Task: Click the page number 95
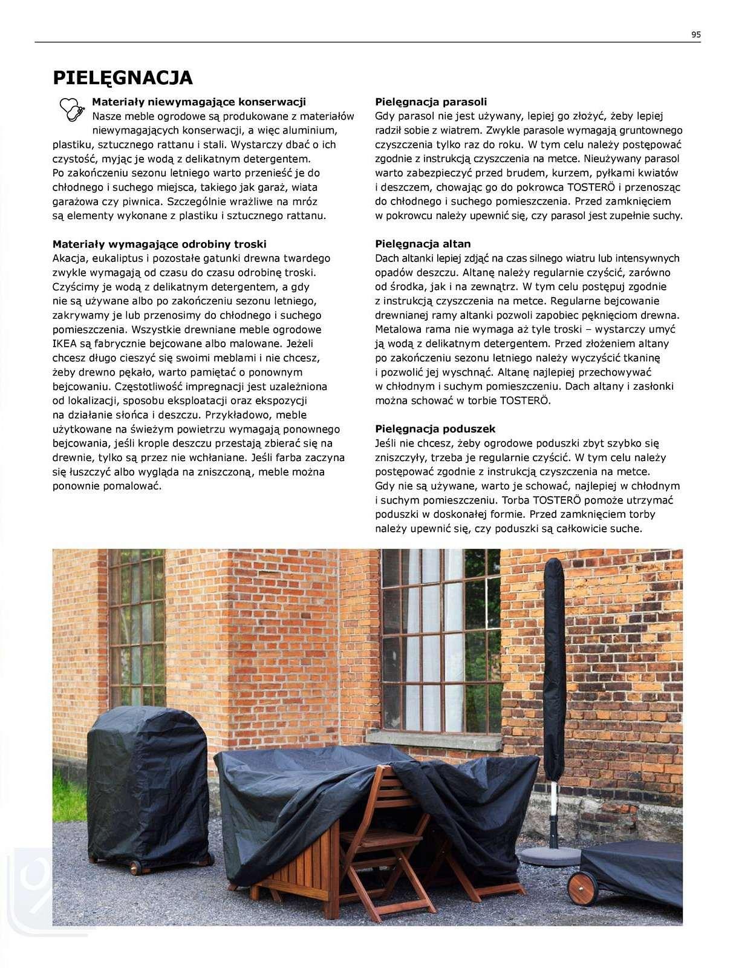point(695,34)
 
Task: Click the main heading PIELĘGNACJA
point(123,78)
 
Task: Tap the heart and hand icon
point(70,110)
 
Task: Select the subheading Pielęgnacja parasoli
point(431,102)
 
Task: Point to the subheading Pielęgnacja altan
point(422,244)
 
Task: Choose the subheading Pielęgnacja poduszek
point(435,429)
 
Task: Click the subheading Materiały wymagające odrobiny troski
point(159,244)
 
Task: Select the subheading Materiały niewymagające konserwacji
point(198,102)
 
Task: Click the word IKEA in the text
point(65,344)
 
